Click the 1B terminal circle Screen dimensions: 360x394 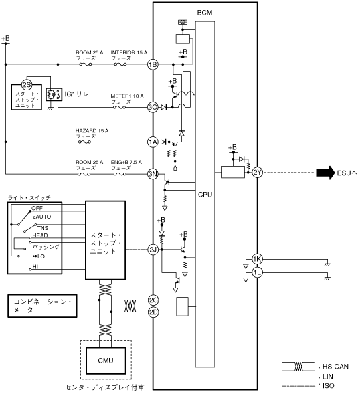(x=153, y=65)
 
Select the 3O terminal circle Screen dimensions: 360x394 (x=153, y=108)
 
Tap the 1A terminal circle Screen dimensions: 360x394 (x=153, y=142)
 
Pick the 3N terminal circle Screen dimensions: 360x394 (x=153, y=174)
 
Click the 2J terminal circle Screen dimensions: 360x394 (x=153, y=250)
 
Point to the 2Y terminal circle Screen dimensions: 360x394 (x=257, y=173)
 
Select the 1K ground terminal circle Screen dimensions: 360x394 (x=257, y=259)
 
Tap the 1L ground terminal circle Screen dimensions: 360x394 (x=257, y=273)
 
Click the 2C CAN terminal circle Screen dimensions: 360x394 (x=153, y=300)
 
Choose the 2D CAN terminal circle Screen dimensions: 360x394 (x=153, y=312)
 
